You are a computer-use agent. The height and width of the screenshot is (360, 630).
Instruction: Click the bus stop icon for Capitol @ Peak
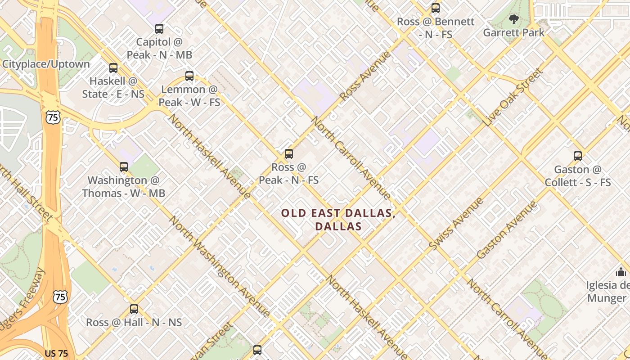[x=159, y=29]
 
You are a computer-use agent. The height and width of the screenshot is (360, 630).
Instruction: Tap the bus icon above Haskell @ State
[x=113, y=68]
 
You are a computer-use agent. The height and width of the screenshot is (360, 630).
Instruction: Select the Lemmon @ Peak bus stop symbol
[x=189, y=76]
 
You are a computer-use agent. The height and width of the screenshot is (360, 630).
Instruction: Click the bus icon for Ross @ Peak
[x=289, y=154]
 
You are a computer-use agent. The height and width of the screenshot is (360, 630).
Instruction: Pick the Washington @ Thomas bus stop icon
[x=124, y=167]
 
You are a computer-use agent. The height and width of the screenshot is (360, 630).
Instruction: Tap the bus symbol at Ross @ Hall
[x=134, y=309]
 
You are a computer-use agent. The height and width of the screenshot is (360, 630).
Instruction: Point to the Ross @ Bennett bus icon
[x=435, y=8]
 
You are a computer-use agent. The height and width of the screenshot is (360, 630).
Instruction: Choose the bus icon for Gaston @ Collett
[x=578, y=156]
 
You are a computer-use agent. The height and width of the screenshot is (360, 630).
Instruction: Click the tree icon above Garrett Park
[x=513, y=19]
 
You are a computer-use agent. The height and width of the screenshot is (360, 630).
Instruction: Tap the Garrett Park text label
[x=513, y=33]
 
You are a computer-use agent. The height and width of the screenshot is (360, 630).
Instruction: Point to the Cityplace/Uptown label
[x=46, y=64]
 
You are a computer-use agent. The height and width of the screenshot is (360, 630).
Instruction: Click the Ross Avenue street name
[x=365, y=76]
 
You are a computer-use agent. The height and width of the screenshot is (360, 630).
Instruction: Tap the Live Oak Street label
[x=513, y=97]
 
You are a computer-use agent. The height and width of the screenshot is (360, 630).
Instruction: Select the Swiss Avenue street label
[x=456, y=224]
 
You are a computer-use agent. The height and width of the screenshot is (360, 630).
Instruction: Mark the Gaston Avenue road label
[x=507, y=229]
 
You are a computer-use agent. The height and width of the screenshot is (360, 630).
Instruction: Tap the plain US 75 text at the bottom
[x=56, y=354]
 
